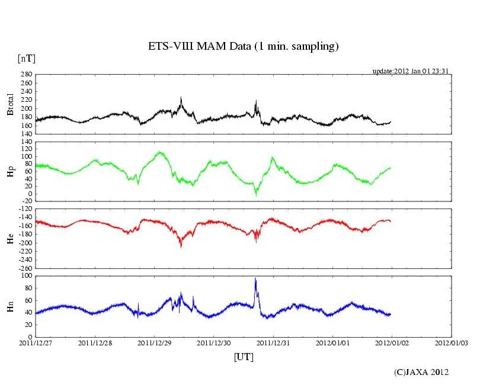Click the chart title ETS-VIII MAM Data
243,46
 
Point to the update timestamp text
410,71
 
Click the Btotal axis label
10,105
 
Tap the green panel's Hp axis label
10,171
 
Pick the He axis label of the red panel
10,238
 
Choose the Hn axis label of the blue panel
10,306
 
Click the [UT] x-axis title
244,357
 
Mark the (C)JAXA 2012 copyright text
421,372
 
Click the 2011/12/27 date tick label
35,342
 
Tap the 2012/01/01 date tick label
332,342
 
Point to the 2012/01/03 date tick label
451,342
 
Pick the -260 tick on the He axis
24,268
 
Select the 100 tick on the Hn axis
26,276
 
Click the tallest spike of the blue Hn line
255,278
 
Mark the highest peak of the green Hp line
160,152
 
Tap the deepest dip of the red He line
181,245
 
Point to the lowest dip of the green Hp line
256,194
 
